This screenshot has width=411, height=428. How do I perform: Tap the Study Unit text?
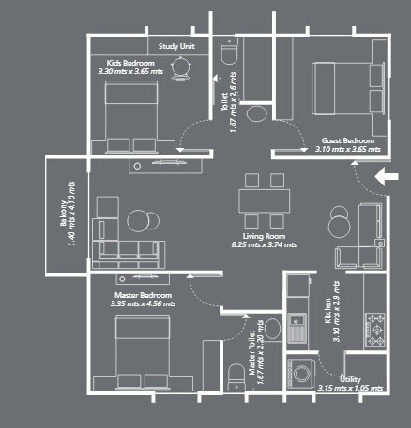[175, 45]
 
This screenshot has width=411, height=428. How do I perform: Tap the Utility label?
[354, 378]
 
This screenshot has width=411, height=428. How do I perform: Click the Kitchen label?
[328, 310]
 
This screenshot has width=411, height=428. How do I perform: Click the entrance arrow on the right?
[386, 175]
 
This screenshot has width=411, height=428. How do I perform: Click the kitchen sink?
[298, 325]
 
